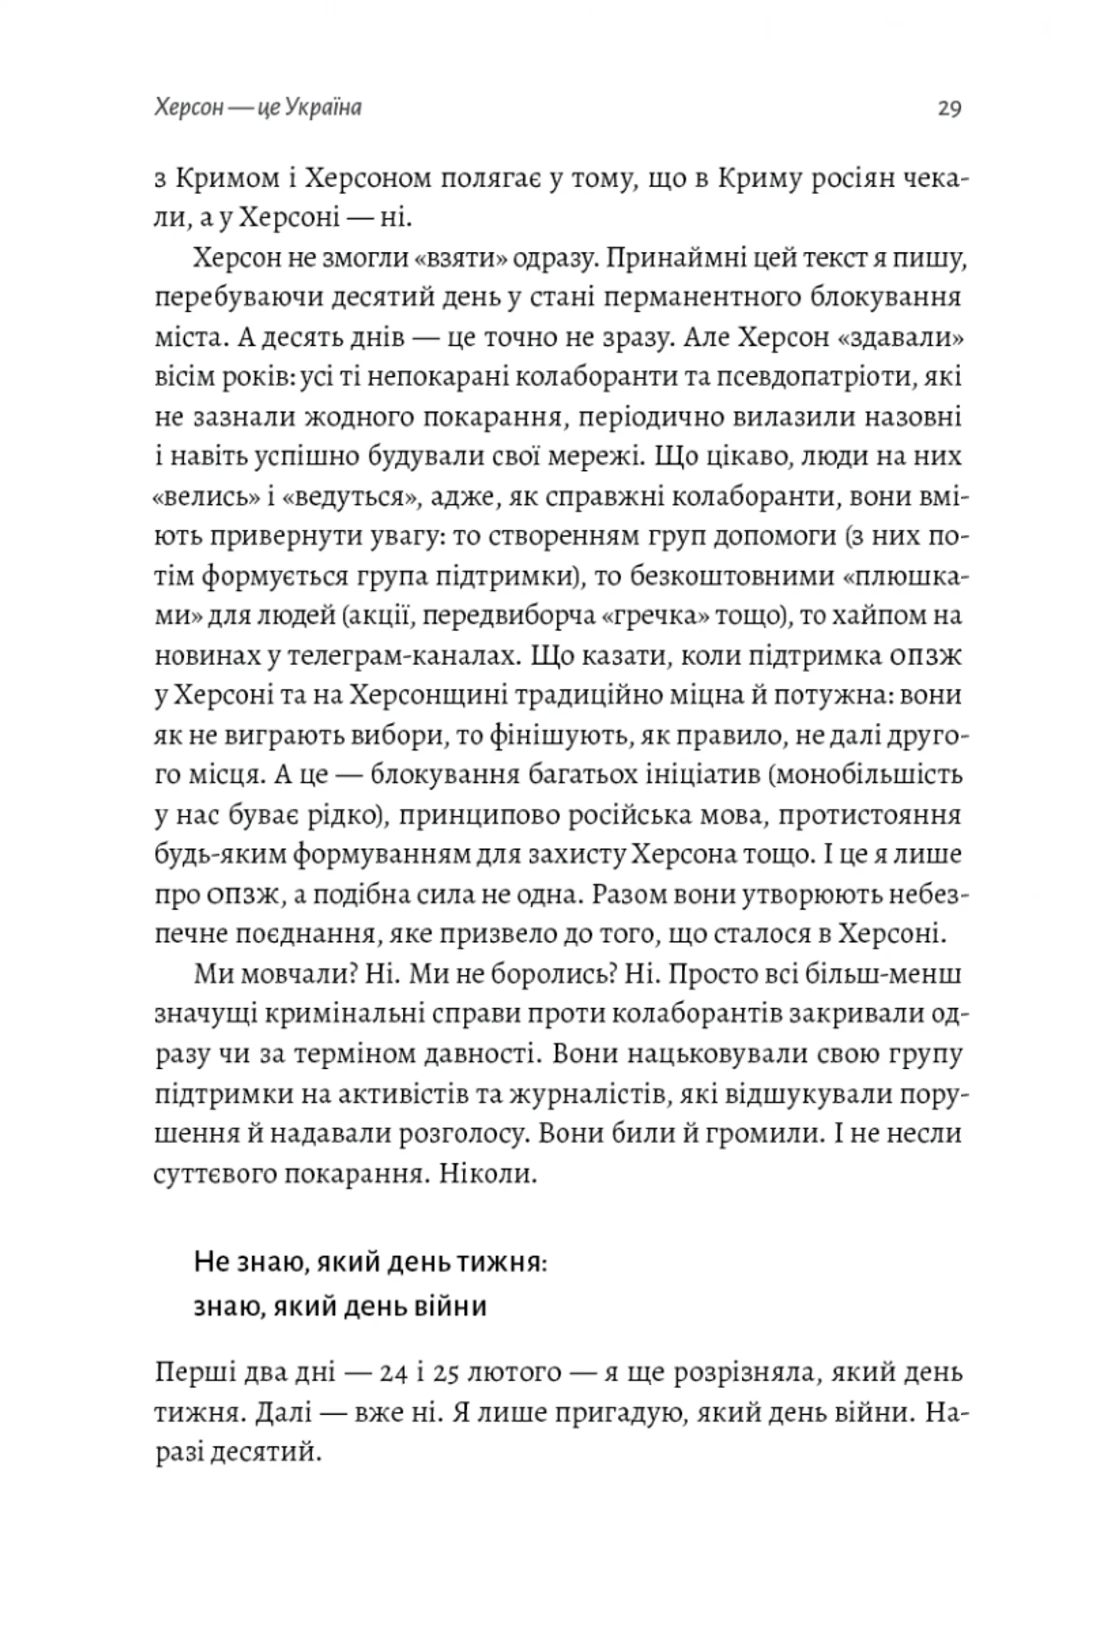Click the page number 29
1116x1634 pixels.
(949, 109)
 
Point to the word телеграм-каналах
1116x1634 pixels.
(402, 657)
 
